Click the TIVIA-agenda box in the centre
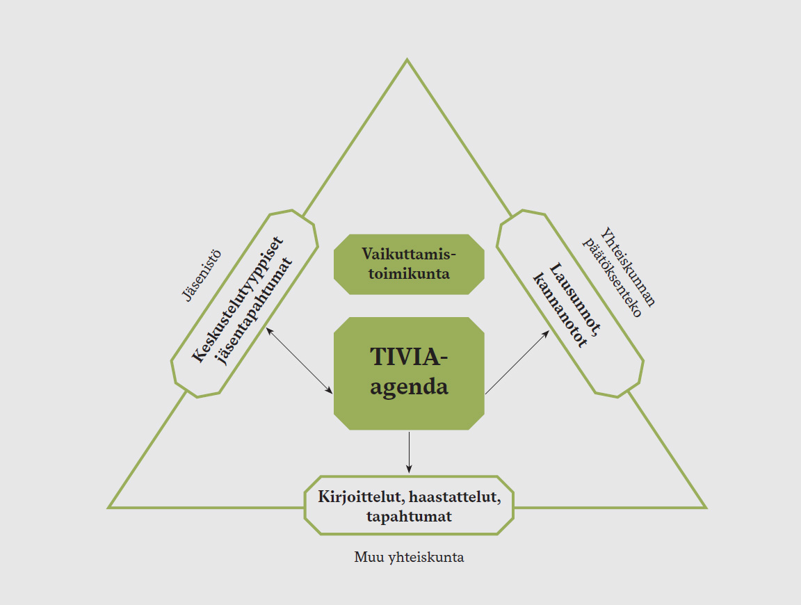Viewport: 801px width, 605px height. (x=409, y=373)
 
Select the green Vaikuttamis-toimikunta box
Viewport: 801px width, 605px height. (x=409, y=264)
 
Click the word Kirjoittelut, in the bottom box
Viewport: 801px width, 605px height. (x=360, y=497)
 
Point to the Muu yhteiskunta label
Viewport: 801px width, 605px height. (x=409, y=558)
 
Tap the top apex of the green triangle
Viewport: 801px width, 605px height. (x=407, y=60)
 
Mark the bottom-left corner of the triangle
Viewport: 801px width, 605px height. (x=110, y=507)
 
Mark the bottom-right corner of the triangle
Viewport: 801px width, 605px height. (x=704, y=507)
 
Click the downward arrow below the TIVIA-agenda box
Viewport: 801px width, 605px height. (x=410, y=452)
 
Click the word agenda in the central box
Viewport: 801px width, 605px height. (x=409, y=387)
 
